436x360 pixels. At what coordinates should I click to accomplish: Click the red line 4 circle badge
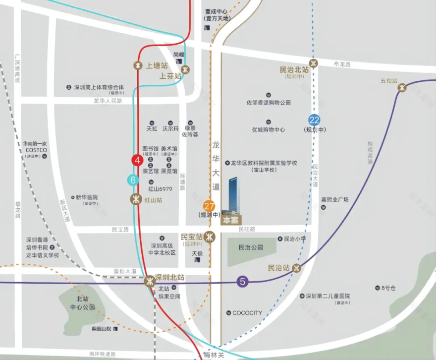pos(137,160)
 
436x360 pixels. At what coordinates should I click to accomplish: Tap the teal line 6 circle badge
pos(133,180)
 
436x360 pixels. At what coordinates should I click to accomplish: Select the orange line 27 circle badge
pos(209,205)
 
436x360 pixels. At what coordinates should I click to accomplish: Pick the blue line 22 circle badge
pos(314,120)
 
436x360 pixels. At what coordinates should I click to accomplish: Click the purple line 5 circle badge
pos(242,282)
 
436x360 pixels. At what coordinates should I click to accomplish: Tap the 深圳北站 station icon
pos(150,282)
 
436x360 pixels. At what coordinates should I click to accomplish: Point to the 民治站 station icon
pos(297,268)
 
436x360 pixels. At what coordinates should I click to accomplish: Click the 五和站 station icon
pos(402,87)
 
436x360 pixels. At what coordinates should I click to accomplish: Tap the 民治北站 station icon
pos(314,63)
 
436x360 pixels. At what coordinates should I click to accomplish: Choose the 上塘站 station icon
pos(138,65)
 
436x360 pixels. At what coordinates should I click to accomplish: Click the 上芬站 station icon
pos(186,70)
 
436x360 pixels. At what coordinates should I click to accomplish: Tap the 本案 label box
pos(231,220)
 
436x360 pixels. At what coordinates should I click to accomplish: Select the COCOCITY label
pos(247,313)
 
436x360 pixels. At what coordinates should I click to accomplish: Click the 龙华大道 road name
pos(216,166)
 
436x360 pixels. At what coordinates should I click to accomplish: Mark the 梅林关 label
pos(214,355)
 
